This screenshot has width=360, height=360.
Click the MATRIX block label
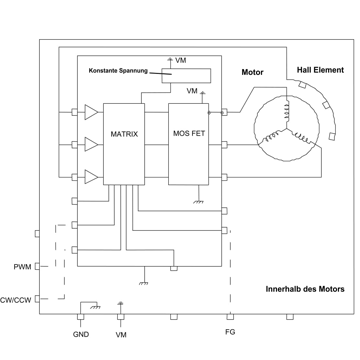coord(124,134)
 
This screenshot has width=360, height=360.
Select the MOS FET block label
coord(189,133)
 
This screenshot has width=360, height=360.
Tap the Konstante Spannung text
coord(118,71)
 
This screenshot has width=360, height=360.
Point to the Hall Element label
coord(320,70)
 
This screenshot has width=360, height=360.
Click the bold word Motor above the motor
coord(252,72)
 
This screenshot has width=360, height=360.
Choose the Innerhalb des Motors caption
coord(305,289)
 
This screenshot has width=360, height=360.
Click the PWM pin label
coord(22,267)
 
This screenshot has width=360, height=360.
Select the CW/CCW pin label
coord(16,300)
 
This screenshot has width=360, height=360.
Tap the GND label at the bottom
coord(81,334)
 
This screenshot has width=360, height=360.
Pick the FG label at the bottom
coord(230,332)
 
